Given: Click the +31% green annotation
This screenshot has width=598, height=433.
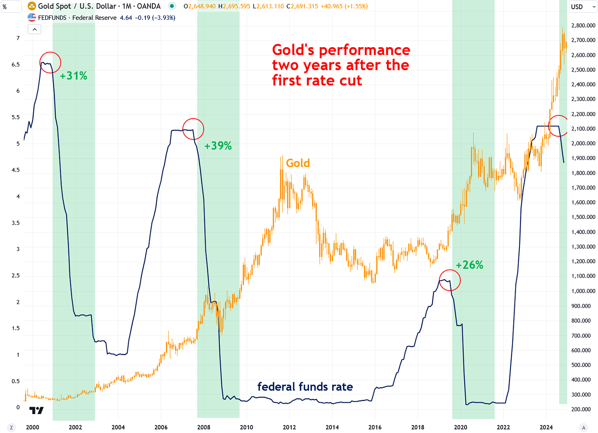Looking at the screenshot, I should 74,76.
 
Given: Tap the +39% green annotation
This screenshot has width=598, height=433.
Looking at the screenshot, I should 218,146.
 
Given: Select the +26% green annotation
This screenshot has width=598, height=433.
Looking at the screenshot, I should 469,265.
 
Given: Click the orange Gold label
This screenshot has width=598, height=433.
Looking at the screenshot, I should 298,163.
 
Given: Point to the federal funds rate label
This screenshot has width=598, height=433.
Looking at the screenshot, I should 305,387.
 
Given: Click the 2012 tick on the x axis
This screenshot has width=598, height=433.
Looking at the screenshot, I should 289,427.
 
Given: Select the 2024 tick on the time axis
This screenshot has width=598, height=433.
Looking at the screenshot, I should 546,427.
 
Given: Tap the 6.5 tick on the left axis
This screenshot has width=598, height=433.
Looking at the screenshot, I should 16,64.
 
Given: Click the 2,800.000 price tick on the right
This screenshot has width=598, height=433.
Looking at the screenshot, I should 583,25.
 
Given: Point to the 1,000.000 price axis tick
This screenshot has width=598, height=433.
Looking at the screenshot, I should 583,291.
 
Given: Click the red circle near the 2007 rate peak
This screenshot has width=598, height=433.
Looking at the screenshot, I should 193,129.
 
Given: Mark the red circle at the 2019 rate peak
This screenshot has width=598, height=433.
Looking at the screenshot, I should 450,280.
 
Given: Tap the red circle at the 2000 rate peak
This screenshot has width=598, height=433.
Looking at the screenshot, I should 50,62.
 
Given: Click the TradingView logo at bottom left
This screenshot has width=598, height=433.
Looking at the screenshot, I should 36,410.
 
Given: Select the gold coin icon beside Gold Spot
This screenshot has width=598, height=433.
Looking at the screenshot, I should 32,6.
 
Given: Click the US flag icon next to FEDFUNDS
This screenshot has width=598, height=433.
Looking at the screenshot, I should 32,18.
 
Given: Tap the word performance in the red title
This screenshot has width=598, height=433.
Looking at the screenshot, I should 364,50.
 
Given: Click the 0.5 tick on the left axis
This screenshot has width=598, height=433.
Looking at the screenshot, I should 16,381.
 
